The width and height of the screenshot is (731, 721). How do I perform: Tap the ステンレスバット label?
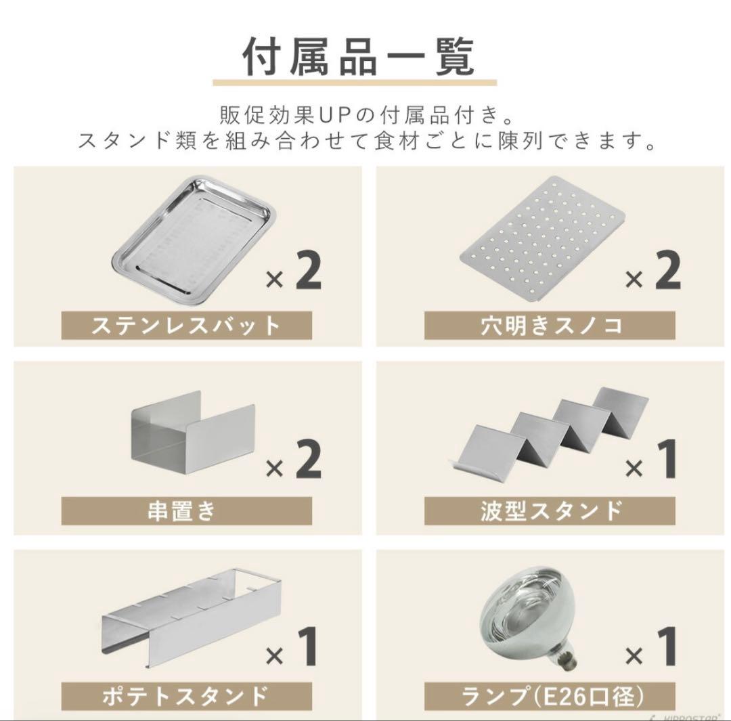point(186,326)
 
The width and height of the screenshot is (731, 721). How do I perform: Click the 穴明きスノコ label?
point(549,326)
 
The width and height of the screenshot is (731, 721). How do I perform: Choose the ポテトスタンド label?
point(186,695)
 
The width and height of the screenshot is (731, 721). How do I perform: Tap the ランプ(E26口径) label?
point(549,695)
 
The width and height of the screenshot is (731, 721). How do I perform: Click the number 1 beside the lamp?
point(667,647)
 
